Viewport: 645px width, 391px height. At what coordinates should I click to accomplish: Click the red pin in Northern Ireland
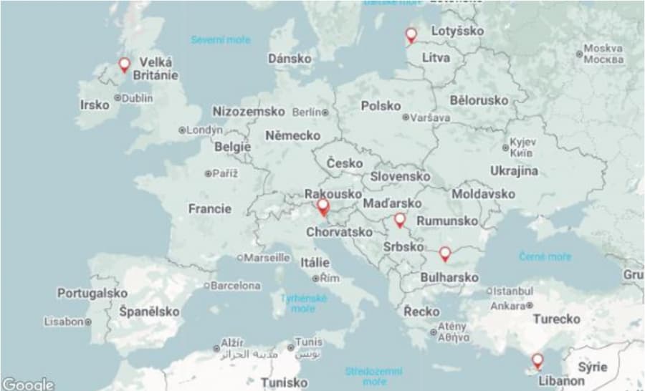click(124, 64)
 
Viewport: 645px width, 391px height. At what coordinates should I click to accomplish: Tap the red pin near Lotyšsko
click(411, 34)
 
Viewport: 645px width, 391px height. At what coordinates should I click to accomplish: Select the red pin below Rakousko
click(323, 207)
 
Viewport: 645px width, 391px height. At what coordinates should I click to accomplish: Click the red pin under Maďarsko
click(400, 220)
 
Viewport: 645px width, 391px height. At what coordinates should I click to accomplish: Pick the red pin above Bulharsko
click(445, 253)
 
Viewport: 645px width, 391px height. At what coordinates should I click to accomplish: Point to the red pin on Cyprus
click(537, 359)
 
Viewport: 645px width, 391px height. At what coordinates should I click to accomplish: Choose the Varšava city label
click(427, 117)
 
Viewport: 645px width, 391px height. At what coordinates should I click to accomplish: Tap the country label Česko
click(345, 163)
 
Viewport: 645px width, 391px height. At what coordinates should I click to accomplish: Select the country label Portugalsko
click(92, 294)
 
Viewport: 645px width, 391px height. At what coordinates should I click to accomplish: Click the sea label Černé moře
click(545, 256)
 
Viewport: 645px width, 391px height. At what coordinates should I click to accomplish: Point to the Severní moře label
click(220, 40)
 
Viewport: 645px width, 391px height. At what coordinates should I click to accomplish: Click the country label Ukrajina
click(514, 170)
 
